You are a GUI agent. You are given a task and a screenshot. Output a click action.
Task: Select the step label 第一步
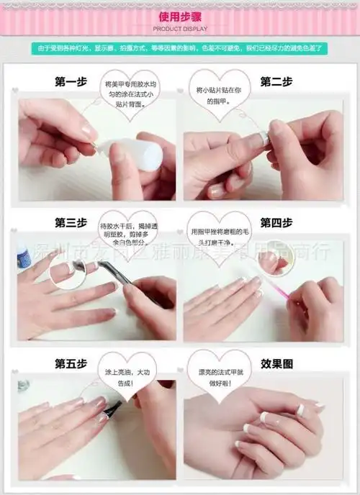[x=71, y=82]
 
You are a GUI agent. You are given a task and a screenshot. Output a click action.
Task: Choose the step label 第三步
[x=71, y=222]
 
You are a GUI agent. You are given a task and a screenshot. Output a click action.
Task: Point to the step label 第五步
[x=71, y=364]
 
